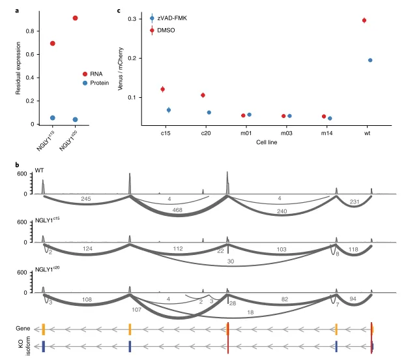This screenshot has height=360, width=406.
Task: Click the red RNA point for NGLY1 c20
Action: [76, 18]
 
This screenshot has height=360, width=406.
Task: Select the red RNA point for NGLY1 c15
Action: [53, 44]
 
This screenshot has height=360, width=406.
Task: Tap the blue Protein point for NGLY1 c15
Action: [53, 118]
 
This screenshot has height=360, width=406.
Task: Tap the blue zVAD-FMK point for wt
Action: [370, 60]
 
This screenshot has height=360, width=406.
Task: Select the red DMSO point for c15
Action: [162, 89]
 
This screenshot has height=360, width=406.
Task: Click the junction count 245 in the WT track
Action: [85, 198]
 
